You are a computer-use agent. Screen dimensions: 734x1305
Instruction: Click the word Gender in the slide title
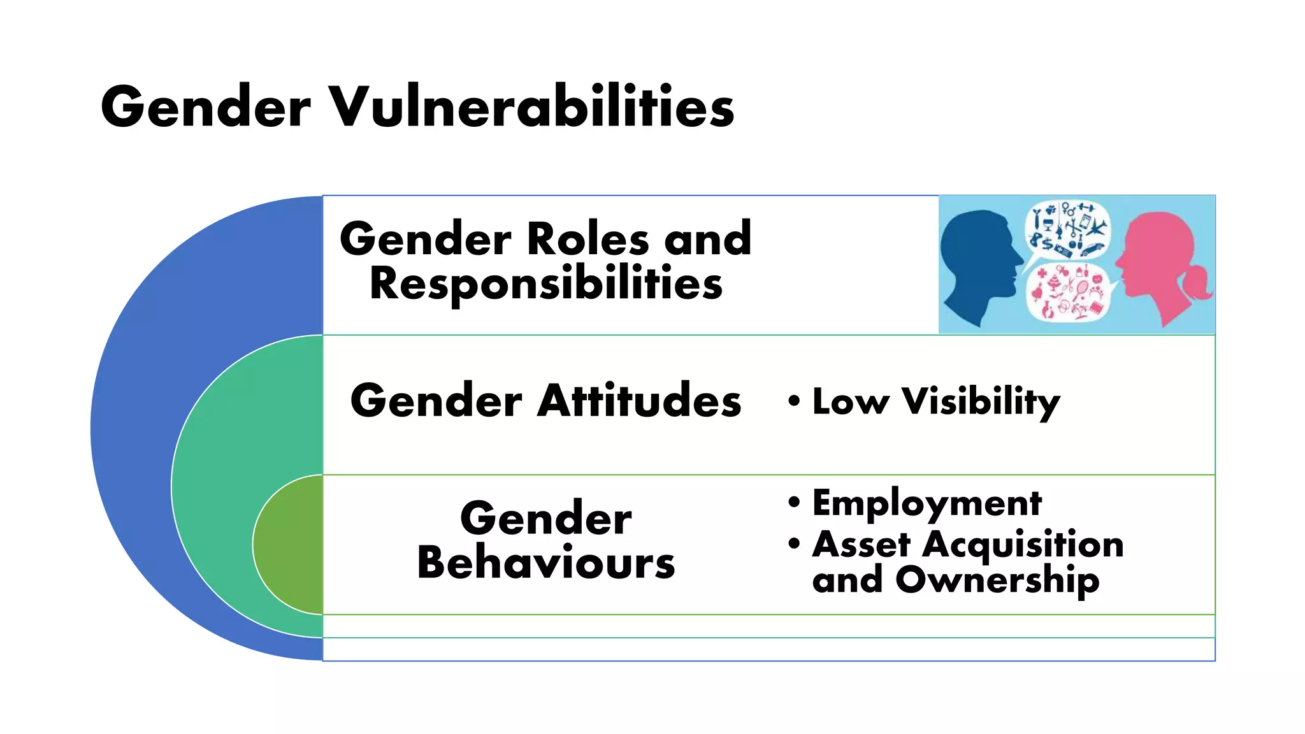(205, 106)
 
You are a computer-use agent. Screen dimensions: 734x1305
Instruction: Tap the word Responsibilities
(546, 284)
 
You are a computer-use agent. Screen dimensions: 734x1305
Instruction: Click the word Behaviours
(546, 563)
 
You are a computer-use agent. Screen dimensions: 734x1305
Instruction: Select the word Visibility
(981, 402)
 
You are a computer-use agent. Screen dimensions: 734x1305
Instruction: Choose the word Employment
(927, 503)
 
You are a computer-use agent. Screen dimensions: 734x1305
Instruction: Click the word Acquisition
(1023, 545)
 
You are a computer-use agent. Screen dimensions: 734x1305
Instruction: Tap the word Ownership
(997, 580)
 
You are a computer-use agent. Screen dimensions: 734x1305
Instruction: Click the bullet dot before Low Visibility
(794, 401)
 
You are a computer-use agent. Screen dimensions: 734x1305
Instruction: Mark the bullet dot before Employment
(794, 502)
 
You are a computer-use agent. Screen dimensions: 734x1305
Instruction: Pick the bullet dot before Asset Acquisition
(794, 544)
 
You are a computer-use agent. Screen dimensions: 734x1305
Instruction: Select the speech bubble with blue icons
(1067, 229)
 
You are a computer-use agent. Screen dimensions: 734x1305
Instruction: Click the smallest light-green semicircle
(290, 545)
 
